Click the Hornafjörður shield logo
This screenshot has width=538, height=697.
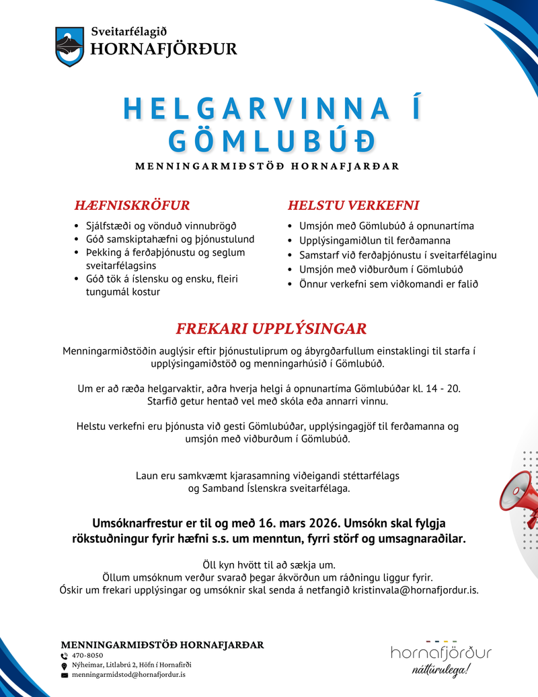coord(70,46)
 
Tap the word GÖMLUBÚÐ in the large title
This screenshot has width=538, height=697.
coord(270,141)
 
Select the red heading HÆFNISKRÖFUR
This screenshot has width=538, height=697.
coord(132,205)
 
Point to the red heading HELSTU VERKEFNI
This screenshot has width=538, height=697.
coord(354,205)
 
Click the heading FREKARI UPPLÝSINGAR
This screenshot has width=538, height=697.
coord(271,329)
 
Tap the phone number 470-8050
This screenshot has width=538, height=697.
coord(87,655)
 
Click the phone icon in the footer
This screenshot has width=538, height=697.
coord(65,655)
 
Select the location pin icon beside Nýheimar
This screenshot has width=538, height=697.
coord(65,665)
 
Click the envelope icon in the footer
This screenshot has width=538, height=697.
coord(65,674)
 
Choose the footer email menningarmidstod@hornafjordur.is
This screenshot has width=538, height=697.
coord(128,674)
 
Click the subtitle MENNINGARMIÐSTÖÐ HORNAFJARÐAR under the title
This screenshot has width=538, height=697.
coord(267,166)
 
